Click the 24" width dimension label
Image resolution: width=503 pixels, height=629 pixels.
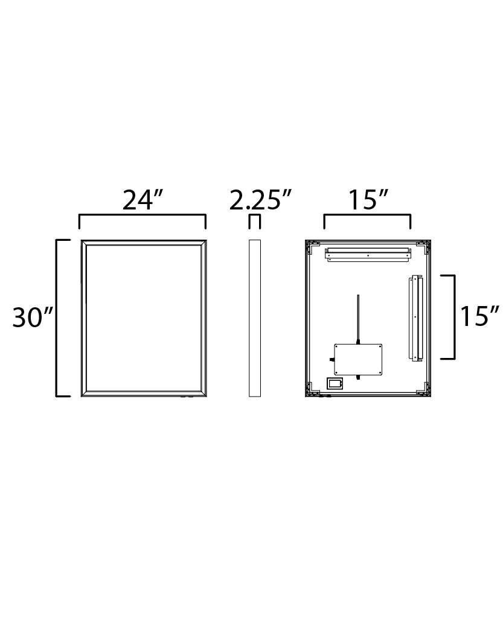[143, 200]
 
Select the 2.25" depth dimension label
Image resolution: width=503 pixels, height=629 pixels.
[260, 200]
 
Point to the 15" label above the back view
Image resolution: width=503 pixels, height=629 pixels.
[367, 200]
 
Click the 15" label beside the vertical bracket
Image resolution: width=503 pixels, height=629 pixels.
[480, 316]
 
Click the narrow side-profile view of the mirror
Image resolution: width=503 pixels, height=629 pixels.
[255, 318]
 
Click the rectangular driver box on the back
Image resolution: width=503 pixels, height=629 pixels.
[359, 360]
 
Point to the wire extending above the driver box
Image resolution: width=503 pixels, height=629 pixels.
[359, 317]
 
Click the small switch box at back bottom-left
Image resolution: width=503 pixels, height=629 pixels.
[335, 383]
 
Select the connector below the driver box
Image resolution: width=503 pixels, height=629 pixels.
[359, 378]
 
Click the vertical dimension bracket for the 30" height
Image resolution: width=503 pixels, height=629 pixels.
[57, 318]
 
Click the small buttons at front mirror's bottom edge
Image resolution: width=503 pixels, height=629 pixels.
[186, 397]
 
